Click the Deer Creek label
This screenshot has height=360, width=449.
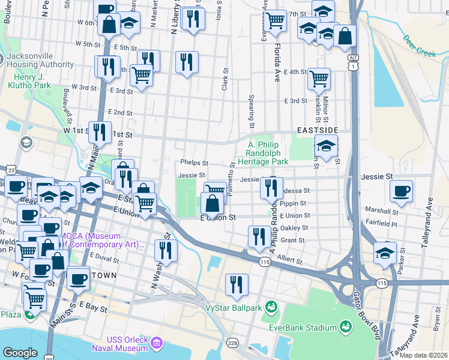tap(419, 49)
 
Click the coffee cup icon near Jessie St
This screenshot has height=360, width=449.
tap(401, 192)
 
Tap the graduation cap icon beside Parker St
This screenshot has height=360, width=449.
tap(385, 253)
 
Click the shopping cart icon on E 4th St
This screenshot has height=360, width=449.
tap(319, 78)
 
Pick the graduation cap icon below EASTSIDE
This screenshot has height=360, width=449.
tap(325, 146)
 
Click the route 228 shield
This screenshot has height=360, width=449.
tap(232, 343)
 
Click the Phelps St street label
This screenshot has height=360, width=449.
tap(194, 163)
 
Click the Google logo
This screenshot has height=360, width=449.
tap(20, 353)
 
